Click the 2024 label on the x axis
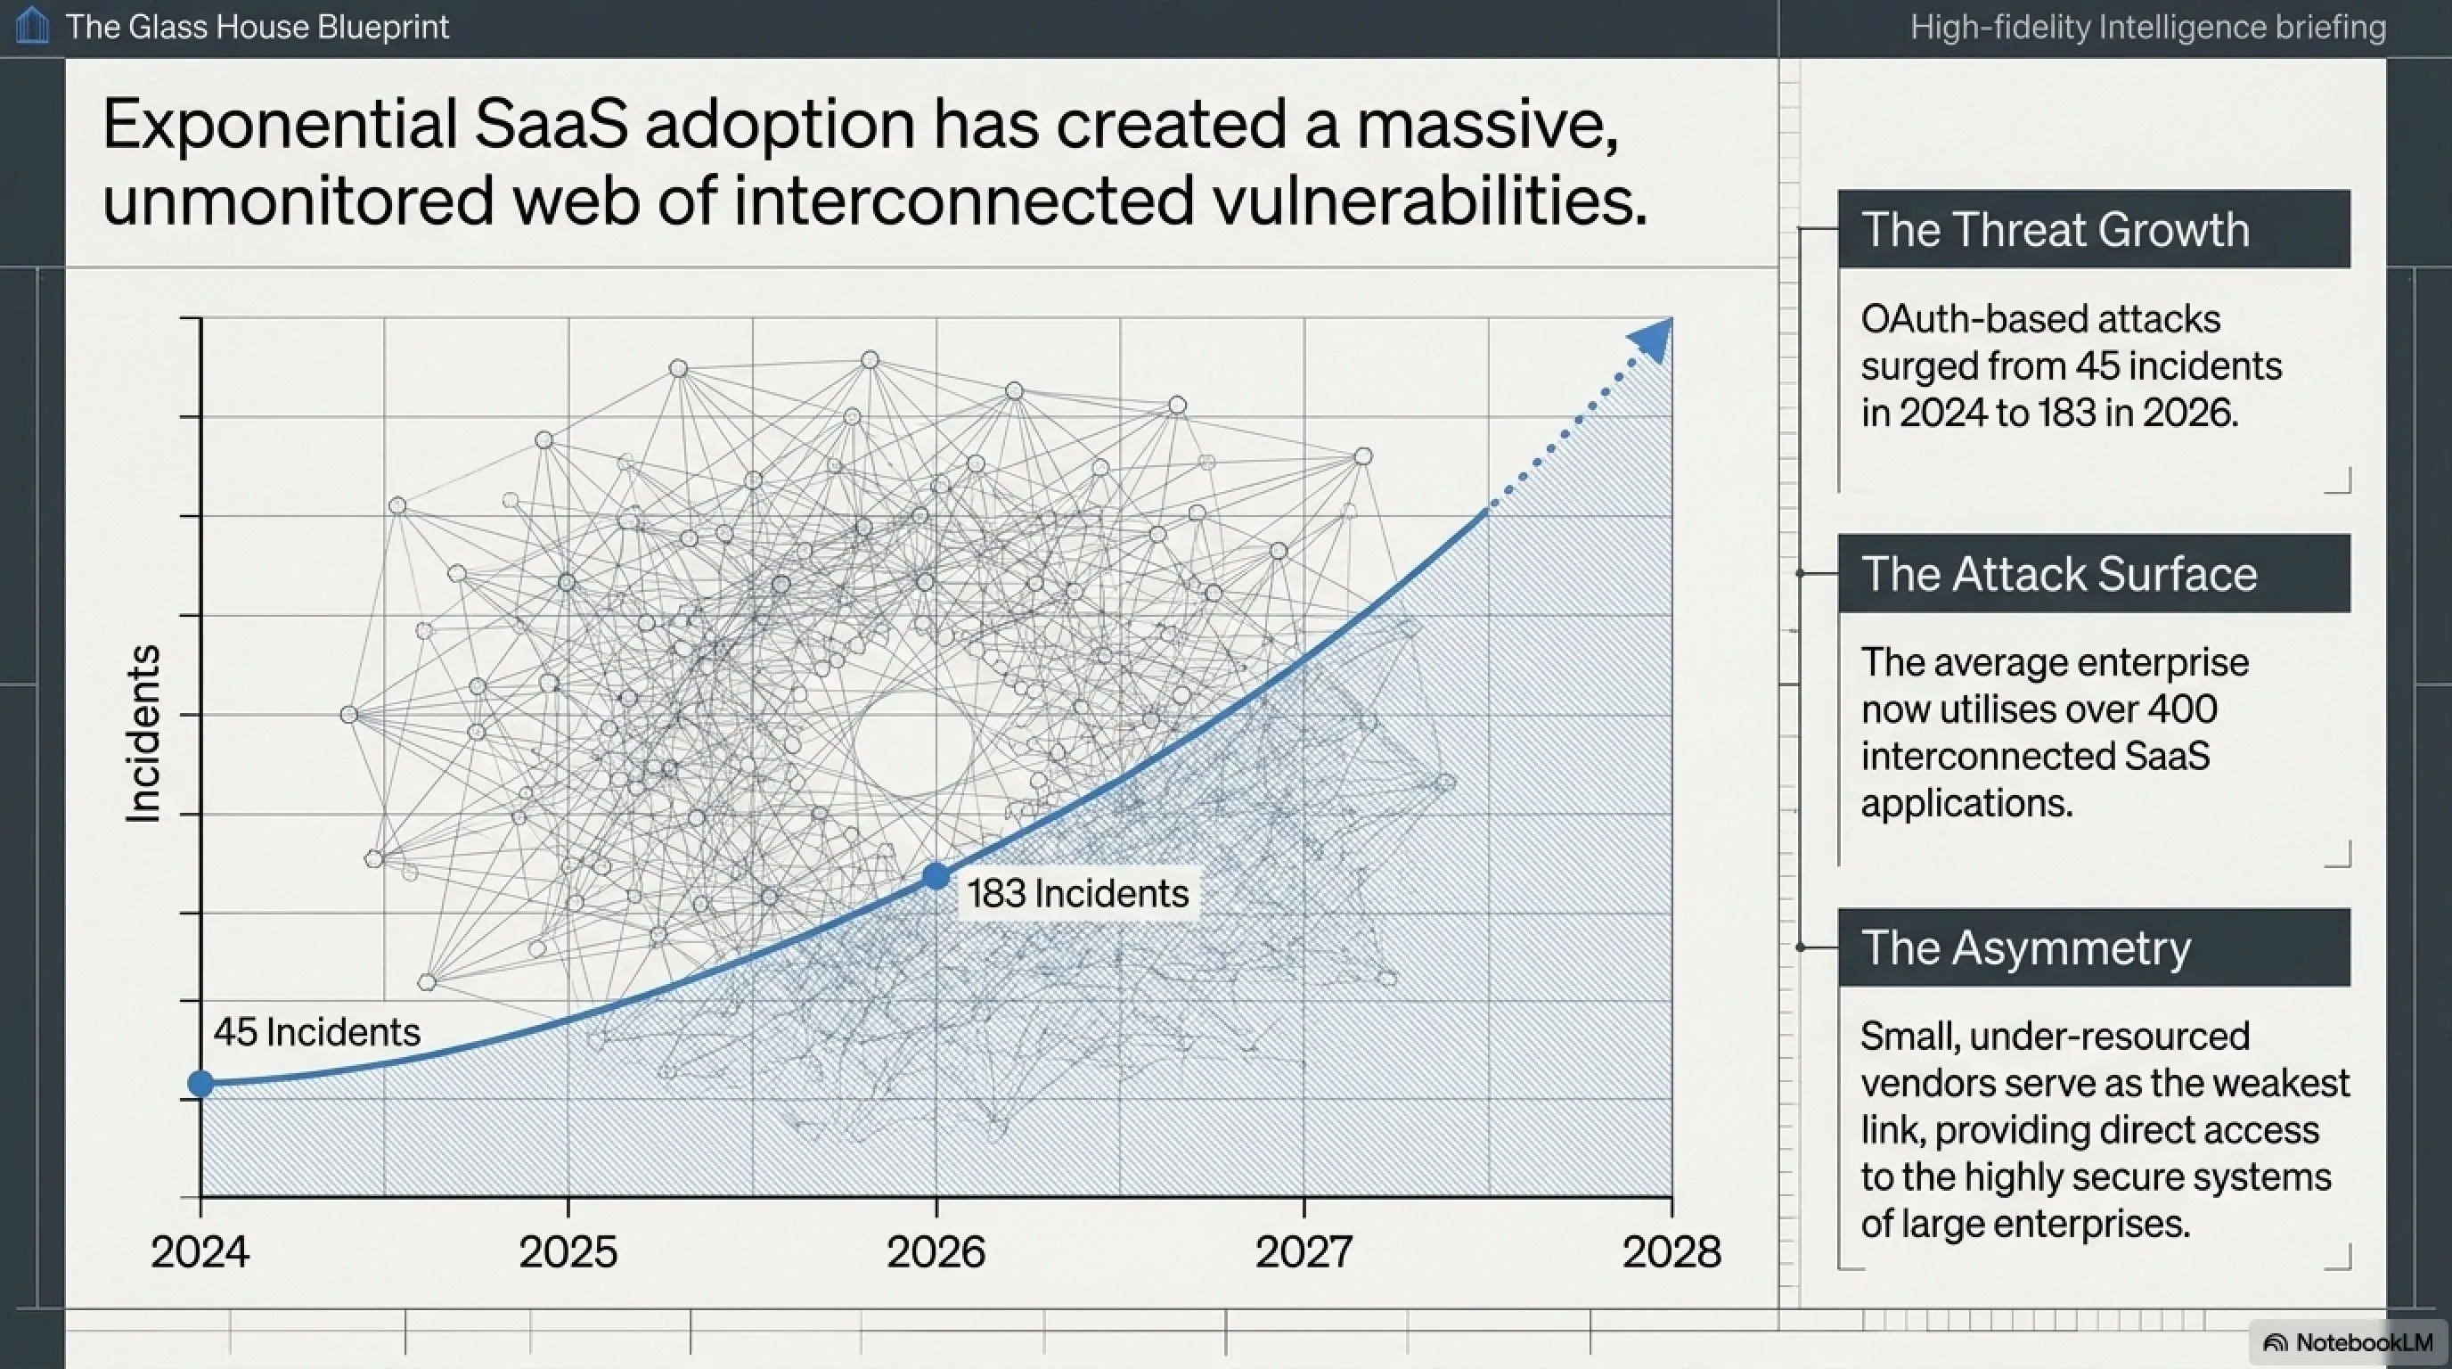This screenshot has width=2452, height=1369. pos(200,1251)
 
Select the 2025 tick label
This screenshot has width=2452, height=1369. pos(568,1251)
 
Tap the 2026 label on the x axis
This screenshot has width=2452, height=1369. pos(936,1251)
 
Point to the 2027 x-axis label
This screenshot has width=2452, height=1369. pos(1304,1251)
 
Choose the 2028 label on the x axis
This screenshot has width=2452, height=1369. pos(1671,1251)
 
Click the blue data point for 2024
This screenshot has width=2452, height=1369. pos(200,1084)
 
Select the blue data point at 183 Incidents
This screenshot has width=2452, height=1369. pos(936,876)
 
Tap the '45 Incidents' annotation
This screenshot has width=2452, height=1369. pos(316,1032)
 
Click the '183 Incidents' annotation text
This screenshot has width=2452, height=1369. pos(1077,893)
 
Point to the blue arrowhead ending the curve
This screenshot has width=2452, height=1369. pos(1653,339)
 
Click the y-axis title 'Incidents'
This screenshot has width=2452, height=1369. pos(143,733)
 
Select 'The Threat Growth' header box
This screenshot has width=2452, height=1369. pos(2094,229)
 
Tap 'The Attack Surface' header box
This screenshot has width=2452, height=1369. pos(2094,573)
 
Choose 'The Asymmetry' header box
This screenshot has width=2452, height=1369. pos(2094,947)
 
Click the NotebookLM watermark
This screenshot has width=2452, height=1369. pos(2349,1342)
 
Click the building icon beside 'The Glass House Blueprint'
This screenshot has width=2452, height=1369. pos(32,26)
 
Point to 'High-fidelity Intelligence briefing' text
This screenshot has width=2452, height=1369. pos(2148,28)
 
